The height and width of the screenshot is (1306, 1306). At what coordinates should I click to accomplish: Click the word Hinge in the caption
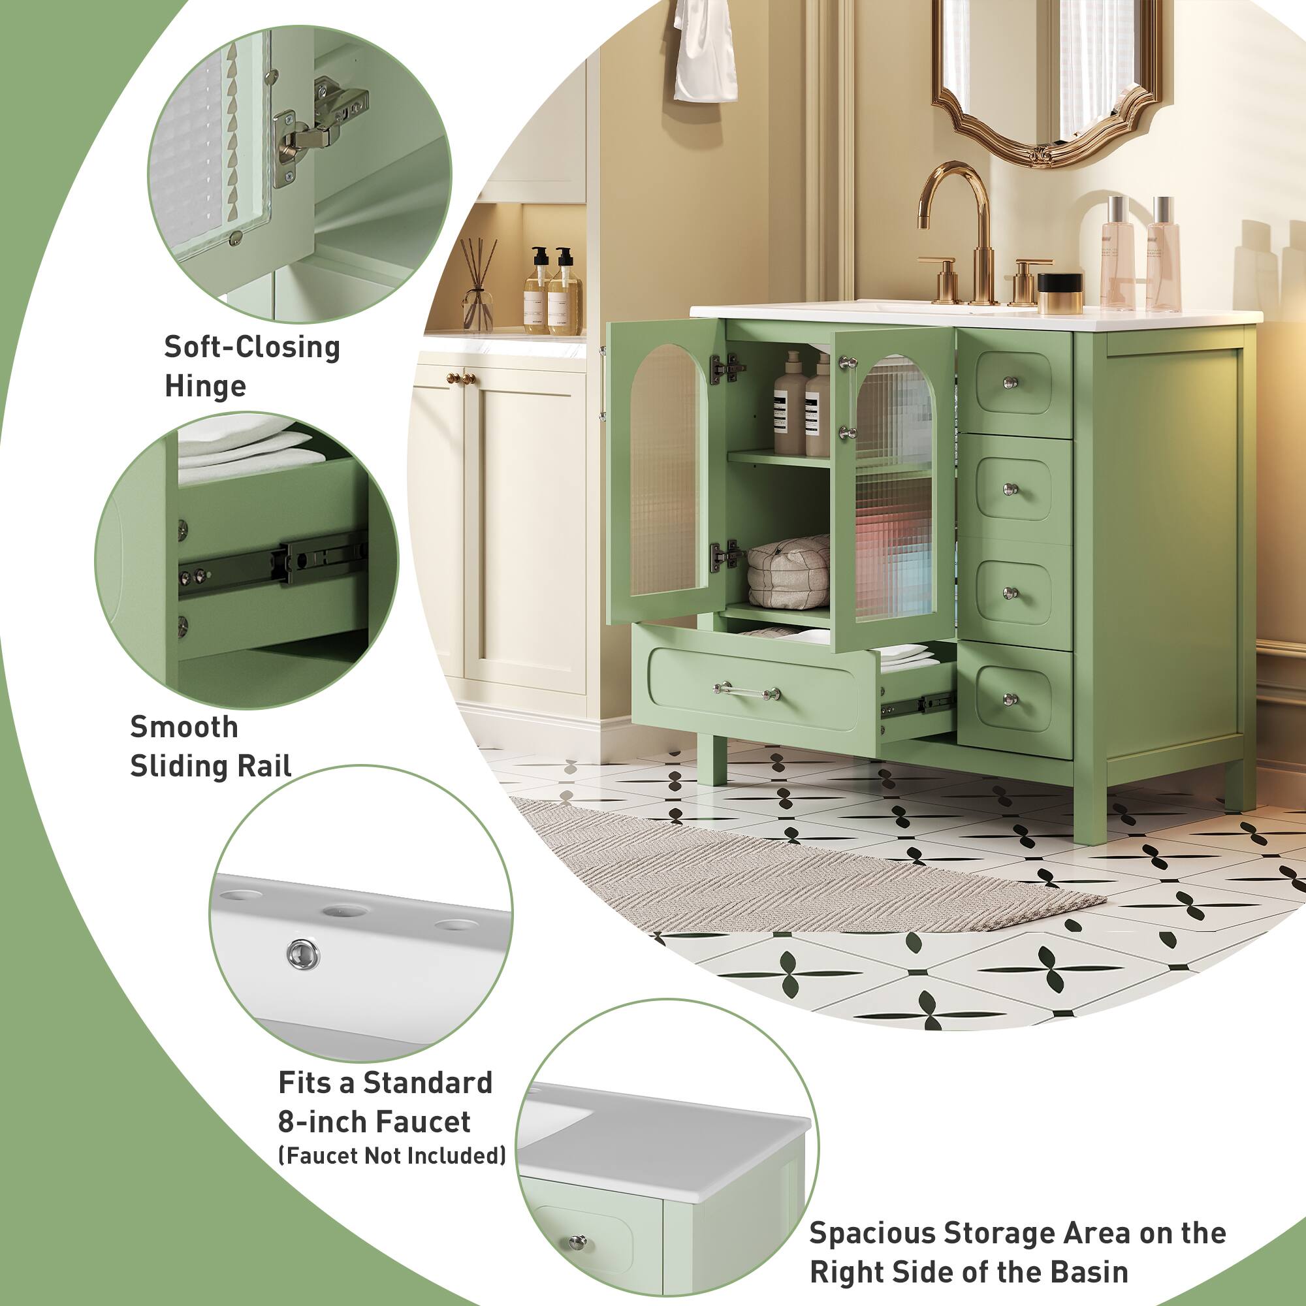point(205,387)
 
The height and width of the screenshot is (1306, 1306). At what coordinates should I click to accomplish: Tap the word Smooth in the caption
point(184,727)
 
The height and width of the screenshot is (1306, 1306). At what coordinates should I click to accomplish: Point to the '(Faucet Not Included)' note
point(392,1156)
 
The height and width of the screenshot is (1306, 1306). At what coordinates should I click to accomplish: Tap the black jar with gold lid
point(1060,293)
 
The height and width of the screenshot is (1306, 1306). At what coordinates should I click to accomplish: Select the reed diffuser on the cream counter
point(479,284)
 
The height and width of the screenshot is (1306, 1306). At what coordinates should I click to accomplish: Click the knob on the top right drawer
point(1011,383)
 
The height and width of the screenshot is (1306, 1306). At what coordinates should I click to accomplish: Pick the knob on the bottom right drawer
point(1011,699)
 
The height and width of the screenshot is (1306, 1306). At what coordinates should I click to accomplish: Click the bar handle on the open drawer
point(746,691)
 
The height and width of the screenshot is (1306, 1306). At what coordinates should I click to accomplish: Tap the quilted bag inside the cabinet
point(789,571)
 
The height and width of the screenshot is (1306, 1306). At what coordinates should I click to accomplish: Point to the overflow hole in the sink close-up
point(303,955)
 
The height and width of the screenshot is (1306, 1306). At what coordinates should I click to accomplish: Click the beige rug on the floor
point(777,872)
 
